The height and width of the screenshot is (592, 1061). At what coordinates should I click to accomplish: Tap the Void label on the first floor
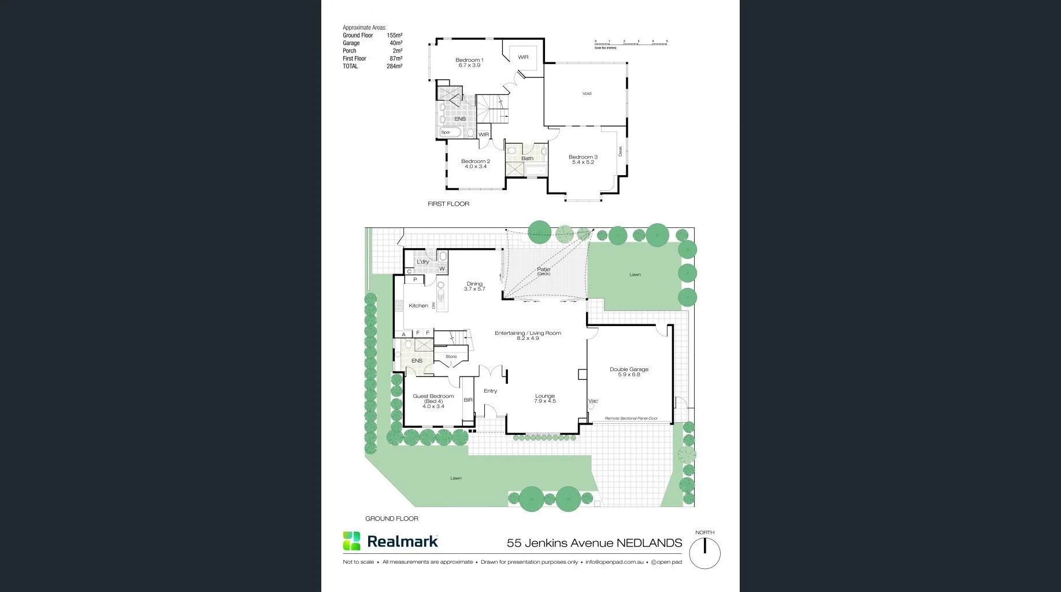tap(587, 94)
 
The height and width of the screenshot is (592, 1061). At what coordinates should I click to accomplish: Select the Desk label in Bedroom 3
tap(621, 151)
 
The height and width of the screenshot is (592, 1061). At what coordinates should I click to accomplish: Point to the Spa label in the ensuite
tap(445, 132)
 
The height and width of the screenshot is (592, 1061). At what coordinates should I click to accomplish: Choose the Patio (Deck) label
tap(544, 271)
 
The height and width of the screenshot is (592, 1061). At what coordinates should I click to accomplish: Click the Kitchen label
tap(418, 306)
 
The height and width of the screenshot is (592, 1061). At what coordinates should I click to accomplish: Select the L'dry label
tap(423, 262)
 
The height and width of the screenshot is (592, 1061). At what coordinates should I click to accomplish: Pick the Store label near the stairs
tap(451, 357)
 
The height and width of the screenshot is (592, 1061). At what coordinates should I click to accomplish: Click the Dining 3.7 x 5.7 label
tap(474, 286)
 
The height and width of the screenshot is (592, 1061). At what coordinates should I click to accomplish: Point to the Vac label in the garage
tap(593, 401)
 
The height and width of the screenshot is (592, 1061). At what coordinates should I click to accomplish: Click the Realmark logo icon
tap(351, 541)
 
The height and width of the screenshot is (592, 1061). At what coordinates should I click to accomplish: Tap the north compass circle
tap(704, 553)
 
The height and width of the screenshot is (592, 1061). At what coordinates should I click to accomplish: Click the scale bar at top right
tap(630, 43)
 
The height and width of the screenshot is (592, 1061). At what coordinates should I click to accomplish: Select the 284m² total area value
tap(394, 66)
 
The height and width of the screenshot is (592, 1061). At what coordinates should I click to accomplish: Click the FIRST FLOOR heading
tap(448, 204)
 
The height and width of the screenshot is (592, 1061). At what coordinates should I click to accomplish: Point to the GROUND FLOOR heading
tap(392, 519)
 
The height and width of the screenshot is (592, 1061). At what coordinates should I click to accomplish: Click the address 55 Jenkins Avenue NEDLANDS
tap(594, 543)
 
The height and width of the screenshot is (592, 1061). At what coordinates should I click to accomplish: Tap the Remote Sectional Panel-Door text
tap(631, 418)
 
